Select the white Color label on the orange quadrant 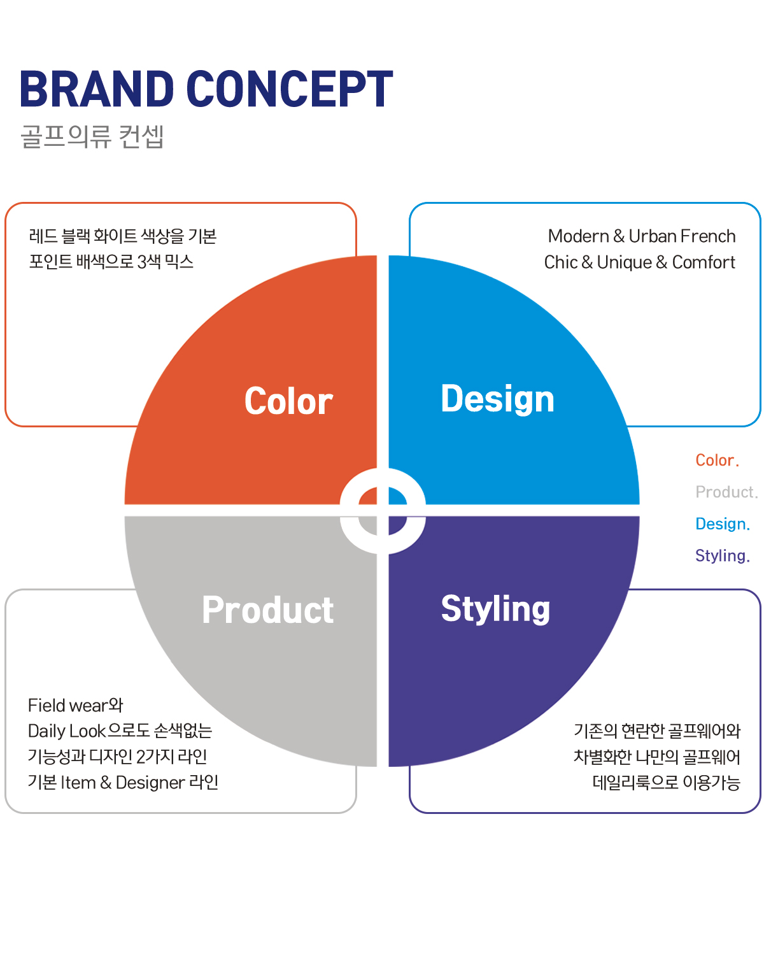point(288,401)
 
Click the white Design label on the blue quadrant point(497,399)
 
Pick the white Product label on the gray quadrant point(268,610)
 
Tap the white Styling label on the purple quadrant point(495,609)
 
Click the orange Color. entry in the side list point(717,460)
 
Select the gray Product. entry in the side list point(726,492)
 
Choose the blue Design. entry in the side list point(722,524)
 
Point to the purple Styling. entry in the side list point(722,555)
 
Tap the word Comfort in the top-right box point(703,262)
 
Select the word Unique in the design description point(624,262)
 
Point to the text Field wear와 point(75,705)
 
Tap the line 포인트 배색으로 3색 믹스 point(111,262)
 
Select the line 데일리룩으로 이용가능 point(667,783)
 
